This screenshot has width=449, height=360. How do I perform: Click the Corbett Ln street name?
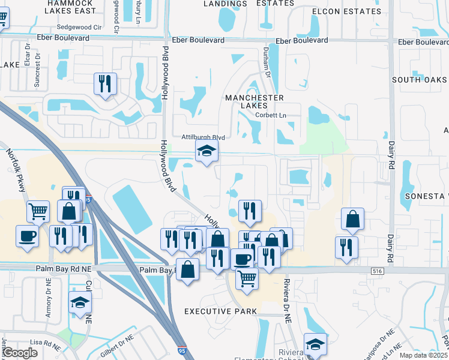(266, 115)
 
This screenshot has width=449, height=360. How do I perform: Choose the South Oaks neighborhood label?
(420, 80)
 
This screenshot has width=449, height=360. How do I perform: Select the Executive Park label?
(220, 311)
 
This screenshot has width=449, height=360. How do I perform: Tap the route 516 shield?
(377, 271)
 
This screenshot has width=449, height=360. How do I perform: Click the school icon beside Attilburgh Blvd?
(206, 152)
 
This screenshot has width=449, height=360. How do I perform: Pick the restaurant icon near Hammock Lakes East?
(106, 84)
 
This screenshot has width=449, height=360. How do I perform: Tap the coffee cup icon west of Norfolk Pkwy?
(28, 235)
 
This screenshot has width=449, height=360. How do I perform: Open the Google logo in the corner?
(20, 353)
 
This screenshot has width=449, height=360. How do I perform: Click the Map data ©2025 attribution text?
(424, 355)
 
